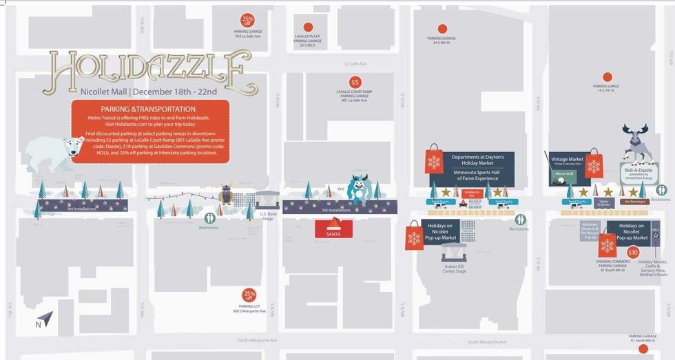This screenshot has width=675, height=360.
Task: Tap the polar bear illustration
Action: [x=51, y=151]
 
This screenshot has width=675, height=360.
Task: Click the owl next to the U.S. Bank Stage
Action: [x=226, y=195]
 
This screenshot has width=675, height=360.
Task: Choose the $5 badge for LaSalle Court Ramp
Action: [x=355, y=82]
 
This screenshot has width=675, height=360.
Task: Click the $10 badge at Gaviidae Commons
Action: [x=633, y=253]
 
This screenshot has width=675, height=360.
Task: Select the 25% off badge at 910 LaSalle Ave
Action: [x=247, y=20]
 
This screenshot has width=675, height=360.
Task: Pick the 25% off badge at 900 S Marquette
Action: [x=249, y=295]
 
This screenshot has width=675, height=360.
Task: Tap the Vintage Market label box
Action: [x=568, y=160]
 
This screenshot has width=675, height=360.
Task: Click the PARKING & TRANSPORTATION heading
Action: [x=148, y=109]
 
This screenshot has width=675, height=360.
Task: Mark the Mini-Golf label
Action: [x=563, y=174]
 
